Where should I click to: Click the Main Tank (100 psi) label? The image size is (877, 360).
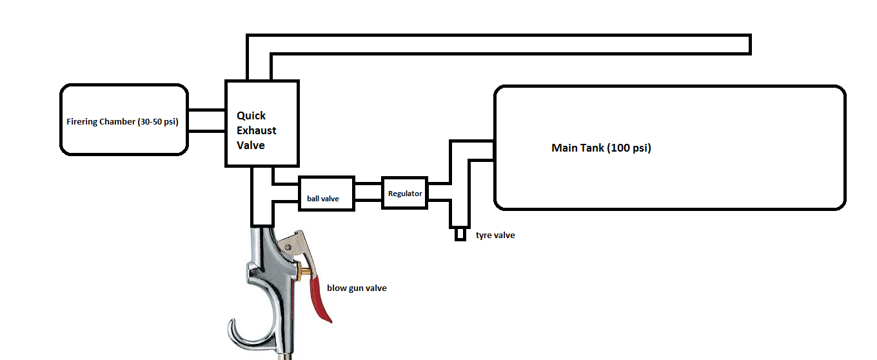coord(601,148)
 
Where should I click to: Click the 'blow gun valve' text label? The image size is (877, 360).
coord(357,288)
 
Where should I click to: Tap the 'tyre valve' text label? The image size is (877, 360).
coord(495,235)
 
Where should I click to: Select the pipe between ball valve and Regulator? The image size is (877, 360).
coord(368,192)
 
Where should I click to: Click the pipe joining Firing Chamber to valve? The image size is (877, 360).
coord(206,121)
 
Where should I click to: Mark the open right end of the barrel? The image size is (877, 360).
coord(749,45)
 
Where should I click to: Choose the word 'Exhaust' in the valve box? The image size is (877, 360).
coord(256,130)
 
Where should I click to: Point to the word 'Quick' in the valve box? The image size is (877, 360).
coord(251,116)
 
